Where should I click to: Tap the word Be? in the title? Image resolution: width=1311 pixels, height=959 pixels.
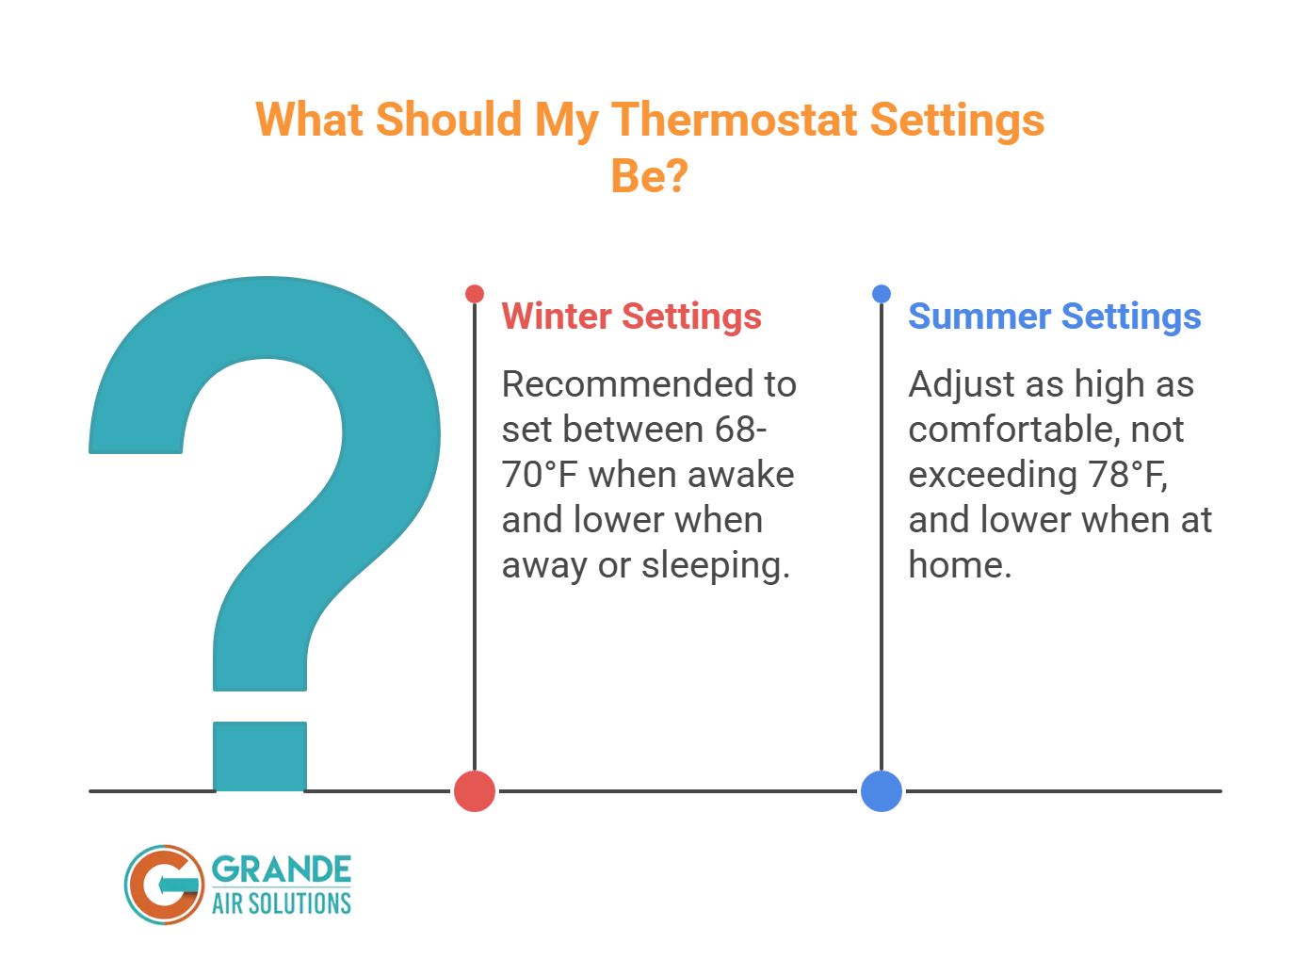point(649,175)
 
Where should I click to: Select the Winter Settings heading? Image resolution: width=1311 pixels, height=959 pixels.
point(631,317)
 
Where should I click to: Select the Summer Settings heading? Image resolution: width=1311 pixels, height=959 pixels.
point(1054,317)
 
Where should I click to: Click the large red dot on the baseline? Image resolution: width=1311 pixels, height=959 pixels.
point(475,790)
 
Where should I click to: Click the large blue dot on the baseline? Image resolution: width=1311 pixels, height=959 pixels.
point(882,790)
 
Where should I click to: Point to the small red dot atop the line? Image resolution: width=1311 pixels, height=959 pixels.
point(475,294)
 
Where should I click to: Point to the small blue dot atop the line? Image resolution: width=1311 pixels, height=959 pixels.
point(882,294)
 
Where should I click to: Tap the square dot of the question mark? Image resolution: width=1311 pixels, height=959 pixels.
point(260,756)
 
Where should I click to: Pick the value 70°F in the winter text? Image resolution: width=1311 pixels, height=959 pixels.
point(539,475)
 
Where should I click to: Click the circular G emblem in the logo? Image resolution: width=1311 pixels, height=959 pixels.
point(164,884)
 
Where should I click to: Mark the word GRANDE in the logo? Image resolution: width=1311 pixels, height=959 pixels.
point(281,869)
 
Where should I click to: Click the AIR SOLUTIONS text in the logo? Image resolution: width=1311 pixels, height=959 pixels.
point(281,903)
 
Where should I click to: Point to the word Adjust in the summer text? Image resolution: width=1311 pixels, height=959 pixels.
point(961,384)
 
